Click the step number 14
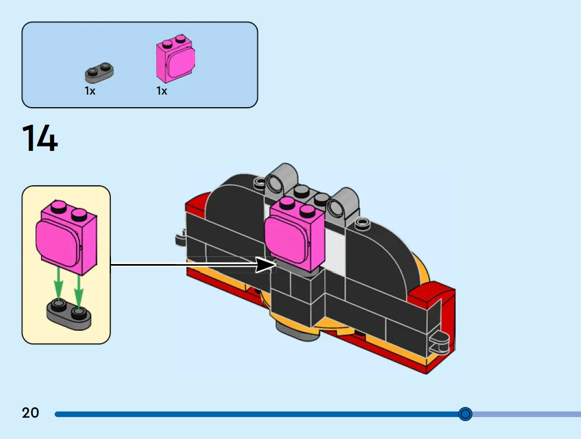(40, 138)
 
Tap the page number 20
(31, 413)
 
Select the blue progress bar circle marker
(465, 413)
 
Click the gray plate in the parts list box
(99, 72)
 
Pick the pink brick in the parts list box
(175, 58)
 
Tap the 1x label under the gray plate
(90, 91)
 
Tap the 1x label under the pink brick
(162, 91)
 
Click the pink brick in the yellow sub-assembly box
(67, 237)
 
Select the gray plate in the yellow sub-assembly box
(69, 315)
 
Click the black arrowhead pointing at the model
(266, 265)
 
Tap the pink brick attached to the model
(295, 235)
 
